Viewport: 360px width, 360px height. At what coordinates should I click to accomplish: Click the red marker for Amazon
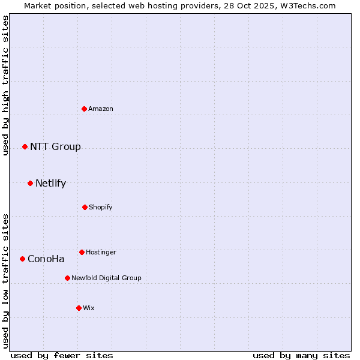coord(85,109)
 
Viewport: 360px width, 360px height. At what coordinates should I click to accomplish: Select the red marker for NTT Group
coord(25,146)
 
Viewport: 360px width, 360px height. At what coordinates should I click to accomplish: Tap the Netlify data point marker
coord(30,183)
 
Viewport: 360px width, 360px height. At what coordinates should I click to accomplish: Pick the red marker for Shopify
coord(85,207)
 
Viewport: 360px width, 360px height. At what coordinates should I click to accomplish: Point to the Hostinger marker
coord(82,252)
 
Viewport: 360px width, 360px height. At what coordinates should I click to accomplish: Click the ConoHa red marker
coord(22,259)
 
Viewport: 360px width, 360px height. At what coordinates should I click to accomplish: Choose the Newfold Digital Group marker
coord(67,278)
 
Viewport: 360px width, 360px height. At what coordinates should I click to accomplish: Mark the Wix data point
coord(79,308)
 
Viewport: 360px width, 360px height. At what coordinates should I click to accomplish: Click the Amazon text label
coord(101,109)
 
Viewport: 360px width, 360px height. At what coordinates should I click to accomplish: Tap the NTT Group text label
coord(55,147)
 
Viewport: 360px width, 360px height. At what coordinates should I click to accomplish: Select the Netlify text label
coord(50,184)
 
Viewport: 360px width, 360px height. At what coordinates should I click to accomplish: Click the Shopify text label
coord(101,207)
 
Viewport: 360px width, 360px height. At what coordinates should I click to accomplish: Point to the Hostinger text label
coord(101,252)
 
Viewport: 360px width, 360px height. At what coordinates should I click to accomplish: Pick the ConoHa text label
coord(46,259)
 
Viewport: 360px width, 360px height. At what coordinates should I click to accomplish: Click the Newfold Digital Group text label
coord(106,278)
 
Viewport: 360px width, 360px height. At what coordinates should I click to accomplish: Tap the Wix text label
coord(89,308)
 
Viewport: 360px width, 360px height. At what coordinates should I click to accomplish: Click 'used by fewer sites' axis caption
coord(62,355)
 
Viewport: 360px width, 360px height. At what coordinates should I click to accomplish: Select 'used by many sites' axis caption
coord(301,355)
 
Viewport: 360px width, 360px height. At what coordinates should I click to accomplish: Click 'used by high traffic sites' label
coord(5,85)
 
